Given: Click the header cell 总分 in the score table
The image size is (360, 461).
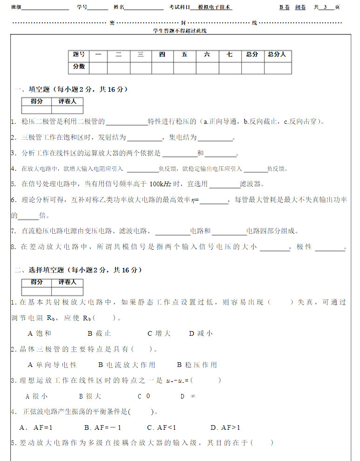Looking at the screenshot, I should pos(252,55).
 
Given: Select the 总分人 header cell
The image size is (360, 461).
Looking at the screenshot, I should pos(277,55).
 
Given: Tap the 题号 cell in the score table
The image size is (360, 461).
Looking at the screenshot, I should pos(79,55).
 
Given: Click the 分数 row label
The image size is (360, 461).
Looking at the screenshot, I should pos(79,67).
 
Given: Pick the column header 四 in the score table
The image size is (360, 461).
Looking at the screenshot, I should pos(162,55).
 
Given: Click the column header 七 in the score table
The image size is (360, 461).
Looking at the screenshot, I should pos(230,55).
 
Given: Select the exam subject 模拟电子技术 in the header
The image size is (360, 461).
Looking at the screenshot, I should pos(215,7).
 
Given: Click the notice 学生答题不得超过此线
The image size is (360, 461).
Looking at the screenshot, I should pos(180,30).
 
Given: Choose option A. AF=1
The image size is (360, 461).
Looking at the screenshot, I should pos(36,427).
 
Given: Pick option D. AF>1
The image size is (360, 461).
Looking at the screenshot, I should pos(225,427).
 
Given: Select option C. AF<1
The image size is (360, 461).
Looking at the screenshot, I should pos(162,427).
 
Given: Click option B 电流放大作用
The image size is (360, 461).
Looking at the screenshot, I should pos(127,365).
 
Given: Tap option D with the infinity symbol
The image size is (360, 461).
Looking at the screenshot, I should pos(188,396).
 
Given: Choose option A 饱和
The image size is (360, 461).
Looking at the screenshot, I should pos(40,333).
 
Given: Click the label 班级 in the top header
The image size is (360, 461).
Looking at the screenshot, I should pos(16,7).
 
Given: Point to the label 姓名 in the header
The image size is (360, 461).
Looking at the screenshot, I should pos(119,7).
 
